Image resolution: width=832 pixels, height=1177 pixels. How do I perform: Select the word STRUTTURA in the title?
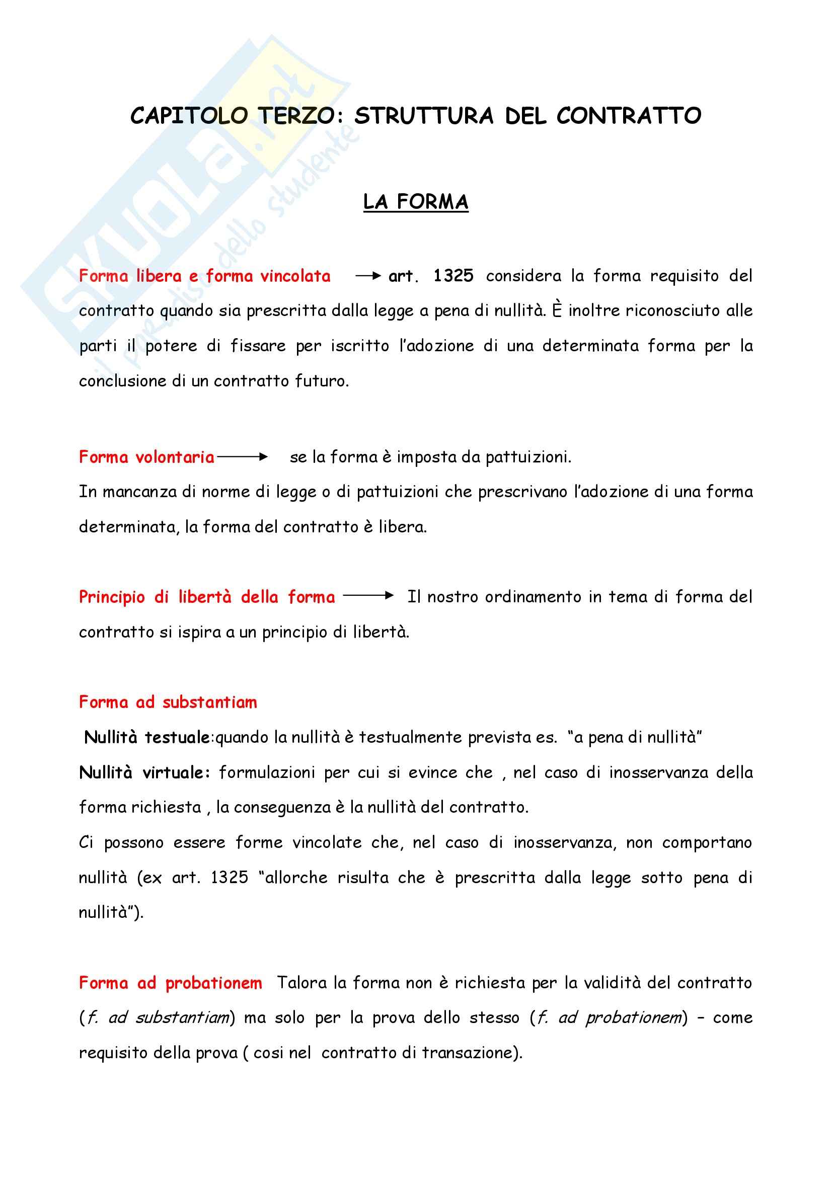pyautogui.click(x=423, y=116)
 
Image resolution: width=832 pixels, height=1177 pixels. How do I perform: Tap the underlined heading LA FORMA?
pyautogui.click(x=415, y=202)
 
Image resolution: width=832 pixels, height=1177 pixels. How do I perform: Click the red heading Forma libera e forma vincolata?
pyautogui.click(x=204, y=276)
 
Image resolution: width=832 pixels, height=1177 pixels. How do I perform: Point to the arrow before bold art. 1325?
pyautogui.click(x=367, y=276)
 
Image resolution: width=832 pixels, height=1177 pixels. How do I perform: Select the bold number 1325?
pyautogui.click(x=453, y=276)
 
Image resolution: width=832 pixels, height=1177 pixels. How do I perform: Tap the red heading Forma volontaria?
pyautogui.click(x=146, y=457)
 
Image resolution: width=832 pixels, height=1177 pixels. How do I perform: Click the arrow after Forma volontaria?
pyautogui.click(x=242, y=457)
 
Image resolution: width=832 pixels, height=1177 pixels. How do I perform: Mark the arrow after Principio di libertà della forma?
pyautogui.click(x=368, y=596)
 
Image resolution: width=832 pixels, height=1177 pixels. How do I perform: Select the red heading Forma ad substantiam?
pyautogui.click(x=168, y=702)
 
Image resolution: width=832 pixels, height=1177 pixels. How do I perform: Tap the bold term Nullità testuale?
pyautogui.click(x=146, y=737)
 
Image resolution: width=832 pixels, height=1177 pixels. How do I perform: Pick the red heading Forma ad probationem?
pyautogui.click(x=170, y=983)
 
